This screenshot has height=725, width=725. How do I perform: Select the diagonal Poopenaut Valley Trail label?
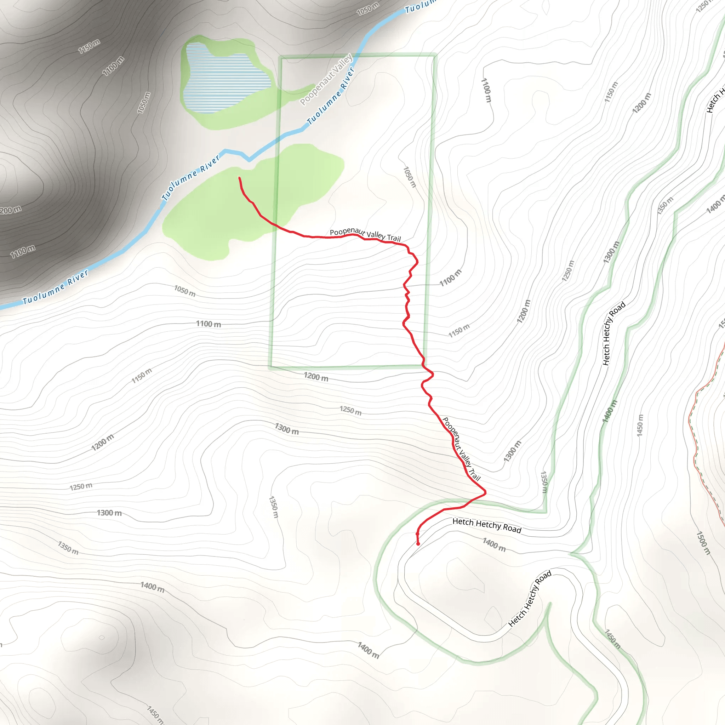[x=461, y=449]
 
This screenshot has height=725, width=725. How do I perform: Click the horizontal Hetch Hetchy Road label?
[x=487, y=525]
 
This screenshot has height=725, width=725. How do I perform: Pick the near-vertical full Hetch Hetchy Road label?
[x=613, y=333]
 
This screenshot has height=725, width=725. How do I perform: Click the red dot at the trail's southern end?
[x=418, y=544]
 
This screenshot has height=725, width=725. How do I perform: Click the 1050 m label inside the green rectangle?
[x=410, y=177]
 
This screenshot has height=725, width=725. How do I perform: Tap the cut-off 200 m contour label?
[x=11, y=210]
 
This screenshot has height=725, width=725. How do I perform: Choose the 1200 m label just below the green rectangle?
[x=316, y=377]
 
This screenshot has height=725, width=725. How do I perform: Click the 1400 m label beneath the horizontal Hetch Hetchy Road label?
[x=494, y=545]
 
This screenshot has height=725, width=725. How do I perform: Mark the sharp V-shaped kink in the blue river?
[x=249, y=160]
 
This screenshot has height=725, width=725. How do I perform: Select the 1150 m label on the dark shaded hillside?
[x=89, y=46]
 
